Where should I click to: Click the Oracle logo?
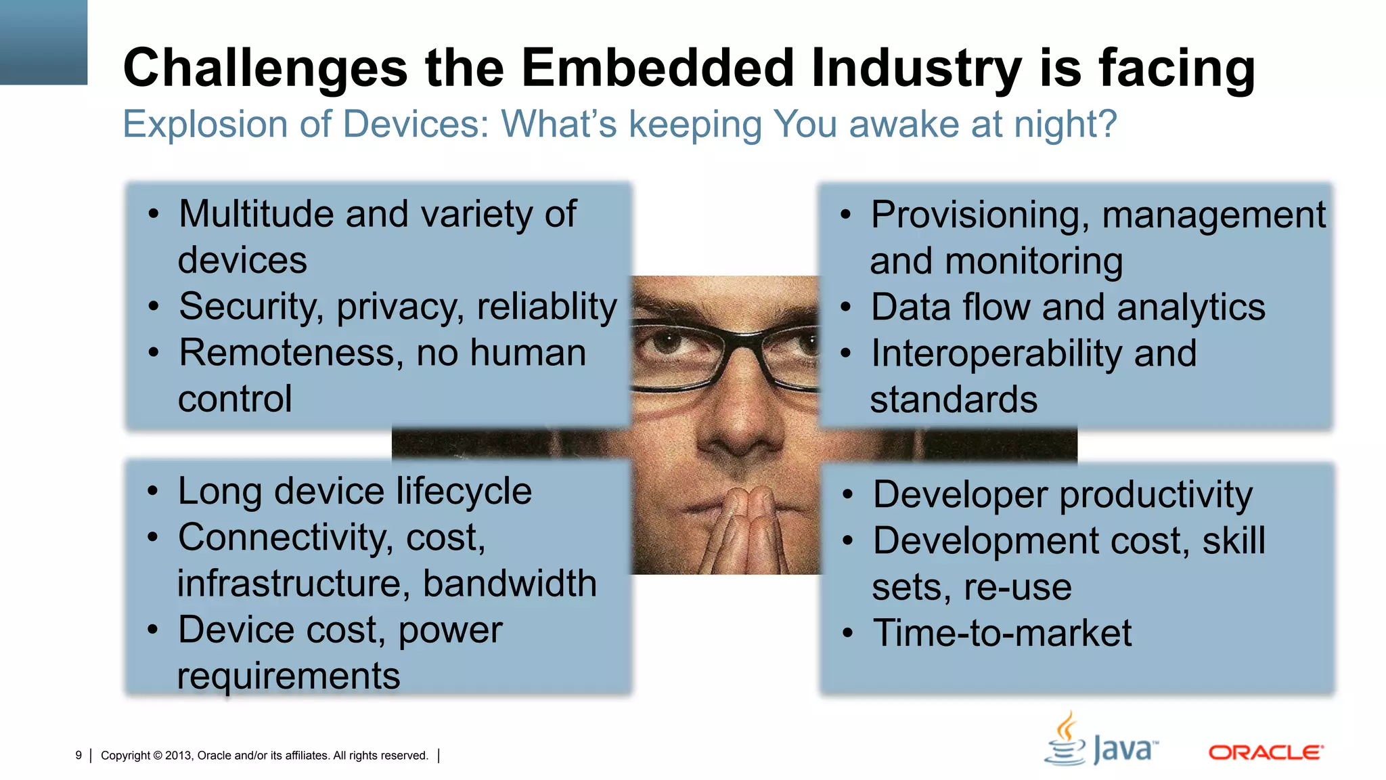click(1266, 752)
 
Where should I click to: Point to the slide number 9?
click(79, 756)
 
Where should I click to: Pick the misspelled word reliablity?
click(547, 307)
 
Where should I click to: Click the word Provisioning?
click(979, 215)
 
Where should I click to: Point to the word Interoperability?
click(996, 354)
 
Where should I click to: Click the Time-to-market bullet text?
click(1002, 634)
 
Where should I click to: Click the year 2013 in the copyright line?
click(178, 756)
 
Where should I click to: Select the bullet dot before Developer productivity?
click(847, 495)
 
